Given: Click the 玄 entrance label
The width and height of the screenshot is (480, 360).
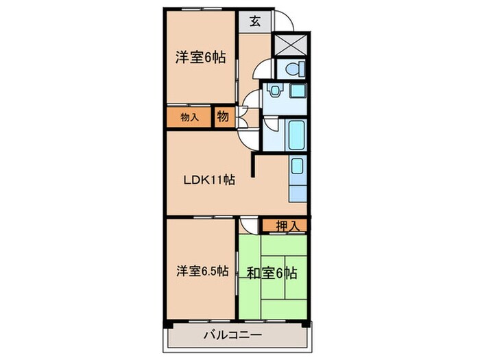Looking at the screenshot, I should click(x=254, y=21).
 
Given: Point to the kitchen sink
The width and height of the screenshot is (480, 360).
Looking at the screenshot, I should click(x=297, y=167).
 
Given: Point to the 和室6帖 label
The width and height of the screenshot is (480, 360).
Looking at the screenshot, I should click(x=272, y=272).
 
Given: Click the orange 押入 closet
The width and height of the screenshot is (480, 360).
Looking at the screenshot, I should click(x=284, y=224).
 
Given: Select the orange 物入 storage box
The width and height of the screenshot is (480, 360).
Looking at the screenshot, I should click(x=189, y=117).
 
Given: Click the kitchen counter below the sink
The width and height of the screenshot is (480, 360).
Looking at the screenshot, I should click(x=298, y=191).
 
